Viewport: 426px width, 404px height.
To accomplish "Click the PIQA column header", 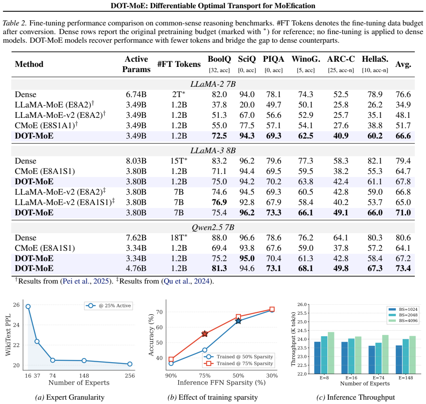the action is pos(273,59).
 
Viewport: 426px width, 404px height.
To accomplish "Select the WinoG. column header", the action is pos(306,59).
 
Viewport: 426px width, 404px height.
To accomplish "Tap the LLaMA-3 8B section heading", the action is pos(213,151).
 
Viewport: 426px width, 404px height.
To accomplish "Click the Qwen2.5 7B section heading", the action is pos(213,227).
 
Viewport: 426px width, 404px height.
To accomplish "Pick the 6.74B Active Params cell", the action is pos(136,95).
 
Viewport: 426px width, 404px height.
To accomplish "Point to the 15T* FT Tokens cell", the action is pos(179,161).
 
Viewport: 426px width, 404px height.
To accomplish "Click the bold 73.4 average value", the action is pos(403,268).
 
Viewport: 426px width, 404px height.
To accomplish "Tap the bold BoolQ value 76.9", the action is pos(219,202).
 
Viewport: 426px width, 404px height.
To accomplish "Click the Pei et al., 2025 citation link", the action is pos(86,281).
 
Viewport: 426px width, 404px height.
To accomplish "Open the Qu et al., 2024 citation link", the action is pos(187,281).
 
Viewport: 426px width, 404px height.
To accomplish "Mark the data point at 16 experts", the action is pos(28,306).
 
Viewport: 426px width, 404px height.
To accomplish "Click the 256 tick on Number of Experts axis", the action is pos(130,376).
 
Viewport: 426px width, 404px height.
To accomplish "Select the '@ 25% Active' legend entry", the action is pos(109,306).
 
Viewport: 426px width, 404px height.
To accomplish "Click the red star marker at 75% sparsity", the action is pos(205,334).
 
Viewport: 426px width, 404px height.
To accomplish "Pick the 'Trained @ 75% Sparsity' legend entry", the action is pos(239,363).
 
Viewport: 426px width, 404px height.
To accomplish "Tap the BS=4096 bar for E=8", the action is pos(331,353).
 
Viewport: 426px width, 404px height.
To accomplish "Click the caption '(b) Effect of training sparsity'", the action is pos(213,397).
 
